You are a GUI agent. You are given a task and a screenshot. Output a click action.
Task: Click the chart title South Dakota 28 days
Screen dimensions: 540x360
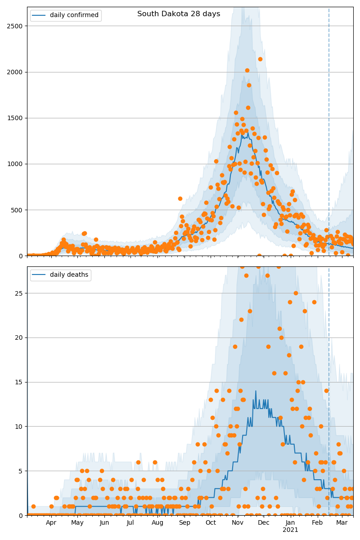pyautogui.click(x=179, y=14)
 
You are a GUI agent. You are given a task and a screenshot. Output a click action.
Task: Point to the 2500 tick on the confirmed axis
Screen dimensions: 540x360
pyautogui.click(x=16, y=26)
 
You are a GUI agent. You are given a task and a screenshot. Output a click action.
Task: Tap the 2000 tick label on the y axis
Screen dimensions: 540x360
pyautogui.click(x=16, y=72)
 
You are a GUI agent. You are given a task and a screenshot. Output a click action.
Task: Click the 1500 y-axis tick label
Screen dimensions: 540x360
pyautogui.click(x=16, y=118)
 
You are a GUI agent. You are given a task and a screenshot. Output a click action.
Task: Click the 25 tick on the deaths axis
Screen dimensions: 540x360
pyautogui.click(x=20, y=293)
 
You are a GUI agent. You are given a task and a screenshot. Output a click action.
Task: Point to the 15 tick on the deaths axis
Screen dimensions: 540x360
pyautogui.click(x=20, y=382)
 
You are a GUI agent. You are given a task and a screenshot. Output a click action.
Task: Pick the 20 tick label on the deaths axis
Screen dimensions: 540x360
pyautogui.click(x=20, y=337)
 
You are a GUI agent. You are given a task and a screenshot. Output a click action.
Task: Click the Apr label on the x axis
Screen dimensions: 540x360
pyautogui.click(x=51, y=523)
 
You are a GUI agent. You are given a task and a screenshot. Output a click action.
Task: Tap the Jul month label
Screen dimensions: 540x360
pyautogui.click(x=130, y=523)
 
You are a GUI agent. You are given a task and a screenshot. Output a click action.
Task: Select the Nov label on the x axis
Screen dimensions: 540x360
pyautogui.click(x=238, y=523)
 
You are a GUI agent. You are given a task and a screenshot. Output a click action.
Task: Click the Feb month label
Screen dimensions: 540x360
pyautogui.click(x=318, y=523)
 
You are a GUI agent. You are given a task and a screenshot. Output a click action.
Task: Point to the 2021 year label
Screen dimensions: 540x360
pyautogui.click(x=290, y=530)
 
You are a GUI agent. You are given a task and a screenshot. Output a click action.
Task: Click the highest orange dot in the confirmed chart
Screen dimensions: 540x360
pyautogui.click(x=260, y=59)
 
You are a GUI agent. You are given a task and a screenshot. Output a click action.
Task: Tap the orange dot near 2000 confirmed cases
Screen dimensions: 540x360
pyautogui.click(x=247, y=70)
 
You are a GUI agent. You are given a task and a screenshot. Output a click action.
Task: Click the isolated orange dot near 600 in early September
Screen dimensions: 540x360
pyautogui.click(x=180, y=198)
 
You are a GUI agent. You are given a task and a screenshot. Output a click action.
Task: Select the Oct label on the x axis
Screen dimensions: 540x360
pyautogui.click(x=211, y=523)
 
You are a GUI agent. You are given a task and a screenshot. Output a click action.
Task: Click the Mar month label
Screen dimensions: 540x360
pyautogui.click(x=342, y=523)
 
